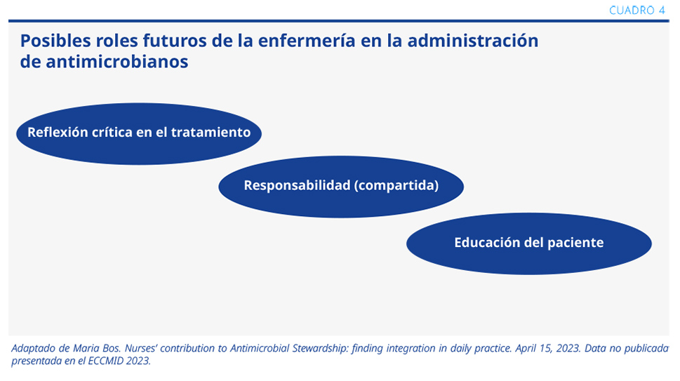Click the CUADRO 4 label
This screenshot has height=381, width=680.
(636, 11)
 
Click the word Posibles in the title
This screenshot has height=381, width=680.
(55, 41)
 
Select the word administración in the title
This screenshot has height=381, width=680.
(473, 41)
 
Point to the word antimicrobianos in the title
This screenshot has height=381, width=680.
(117, 62)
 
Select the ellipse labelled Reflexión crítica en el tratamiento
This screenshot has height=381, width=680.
(139, 133)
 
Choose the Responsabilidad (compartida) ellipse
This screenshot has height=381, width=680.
(341, 187)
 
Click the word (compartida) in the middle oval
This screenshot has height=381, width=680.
(396, 185)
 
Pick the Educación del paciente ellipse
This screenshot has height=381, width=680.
(529, 243)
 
